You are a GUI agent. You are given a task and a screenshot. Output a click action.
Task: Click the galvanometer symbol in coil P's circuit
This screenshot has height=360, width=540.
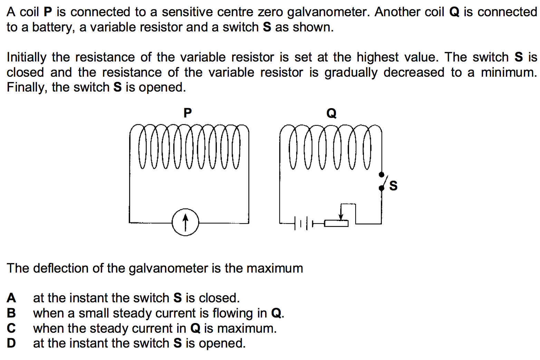pyautogui.click(x=185, y=222)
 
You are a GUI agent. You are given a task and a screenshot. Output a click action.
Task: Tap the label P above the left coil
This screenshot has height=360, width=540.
pyautogui.click(x=187, y=113)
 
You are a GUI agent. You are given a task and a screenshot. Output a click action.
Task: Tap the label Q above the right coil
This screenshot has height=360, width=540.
pyautogui.click(x=331, y=113)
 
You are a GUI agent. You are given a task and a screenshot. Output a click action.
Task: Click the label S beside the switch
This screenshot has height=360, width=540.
pyautogui.click(x=393, y=186)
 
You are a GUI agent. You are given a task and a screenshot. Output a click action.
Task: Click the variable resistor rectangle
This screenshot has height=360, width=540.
pyautogui.click(x=336, y=224)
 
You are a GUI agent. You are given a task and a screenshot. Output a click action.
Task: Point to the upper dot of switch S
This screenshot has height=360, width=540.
pyautogui.click(x=382, y=174)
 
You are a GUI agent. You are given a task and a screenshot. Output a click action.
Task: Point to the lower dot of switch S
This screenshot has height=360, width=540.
pyautogui.click(x=382, y=188)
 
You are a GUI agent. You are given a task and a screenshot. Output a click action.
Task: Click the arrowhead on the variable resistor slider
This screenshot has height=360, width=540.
pyautogui.click(x=341, y=217)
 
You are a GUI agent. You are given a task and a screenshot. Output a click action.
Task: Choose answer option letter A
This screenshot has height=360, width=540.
pyautogui.click(x=11, y=298)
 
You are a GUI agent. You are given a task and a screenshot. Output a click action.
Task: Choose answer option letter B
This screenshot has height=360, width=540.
pyautogui.click(x=11, y=313)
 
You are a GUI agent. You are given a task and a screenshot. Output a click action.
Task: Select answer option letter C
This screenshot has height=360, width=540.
pyautogui.click(x=11, y=328)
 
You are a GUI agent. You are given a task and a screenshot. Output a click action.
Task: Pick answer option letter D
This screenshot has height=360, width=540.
pyautogui.click(x=11, y=343)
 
